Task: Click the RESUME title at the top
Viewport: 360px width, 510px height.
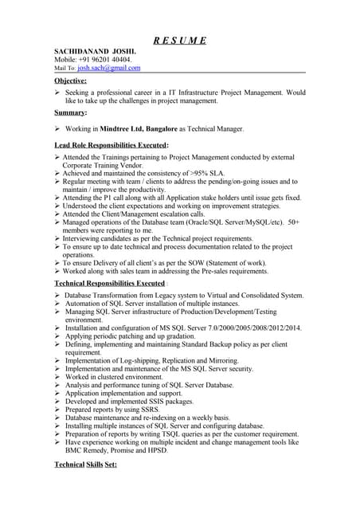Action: (180, 41)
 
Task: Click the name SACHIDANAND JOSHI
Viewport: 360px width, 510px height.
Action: (91, 50)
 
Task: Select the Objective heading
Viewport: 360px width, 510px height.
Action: (71, 80)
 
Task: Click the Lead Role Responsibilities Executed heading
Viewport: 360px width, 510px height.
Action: (111, 145)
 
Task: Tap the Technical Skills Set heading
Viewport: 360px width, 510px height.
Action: (84, 464)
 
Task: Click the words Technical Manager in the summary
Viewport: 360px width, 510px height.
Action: (216, 128)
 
